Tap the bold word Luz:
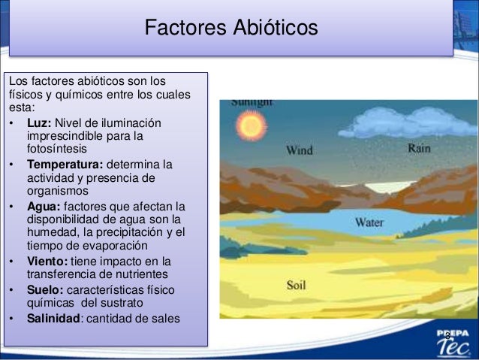click(x=39, y=123)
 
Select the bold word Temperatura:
click(x=65, y=164)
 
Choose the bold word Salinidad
click(x=53, y=318)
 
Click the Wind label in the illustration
click(x=300, y=150)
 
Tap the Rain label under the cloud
click(x=419, y=148)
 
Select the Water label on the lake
click(x=369, y=222)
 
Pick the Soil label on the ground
click(x=296, y=286)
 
